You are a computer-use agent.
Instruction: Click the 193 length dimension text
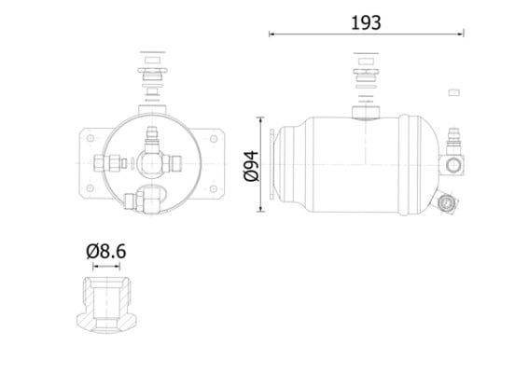tap(367, 21)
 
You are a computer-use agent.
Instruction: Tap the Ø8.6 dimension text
tap(107, 251)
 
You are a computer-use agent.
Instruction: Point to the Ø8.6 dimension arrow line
tap(107, 267)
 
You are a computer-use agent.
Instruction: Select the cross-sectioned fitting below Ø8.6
tap(107, 303)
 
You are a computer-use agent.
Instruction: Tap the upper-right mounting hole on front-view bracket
tap(215, 141)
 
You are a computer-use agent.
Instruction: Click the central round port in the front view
tap(150, 164)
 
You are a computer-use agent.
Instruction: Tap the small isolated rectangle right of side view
tap(454, 91)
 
